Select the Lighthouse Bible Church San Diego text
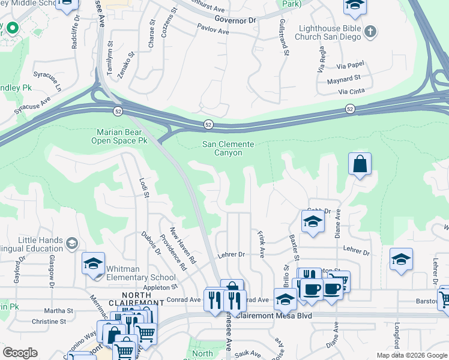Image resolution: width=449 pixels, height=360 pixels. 328,32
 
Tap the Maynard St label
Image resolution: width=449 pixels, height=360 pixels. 343,78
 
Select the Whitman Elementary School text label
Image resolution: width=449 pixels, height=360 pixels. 141,273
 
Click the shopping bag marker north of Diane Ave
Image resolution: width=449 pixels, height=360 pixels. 359,164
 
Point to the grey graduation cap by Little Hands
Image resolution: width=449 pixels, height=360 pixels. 72,243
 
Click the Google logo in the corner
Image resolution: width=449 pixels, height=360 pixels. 20,353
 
